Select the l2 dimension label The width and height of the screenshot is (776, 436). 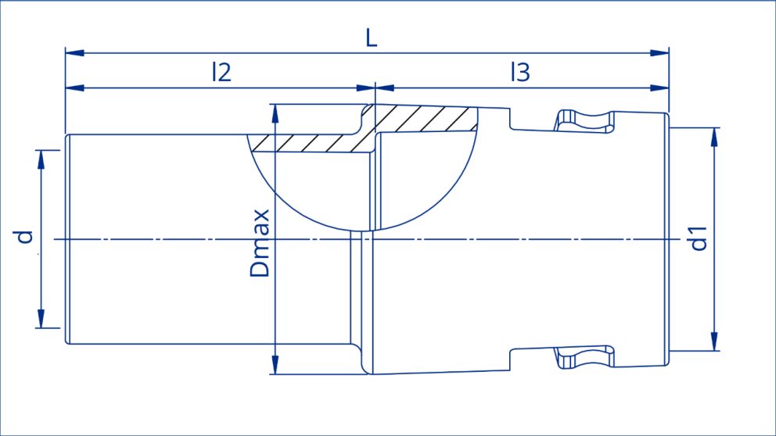pos(221,73)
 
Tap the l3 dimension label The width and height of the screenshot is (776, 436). pos(519,73)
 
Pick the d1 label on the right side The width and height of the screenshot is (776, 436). pos(699,238)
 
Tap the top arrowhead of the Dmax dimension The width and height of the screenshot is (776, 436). pos(275,114)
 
